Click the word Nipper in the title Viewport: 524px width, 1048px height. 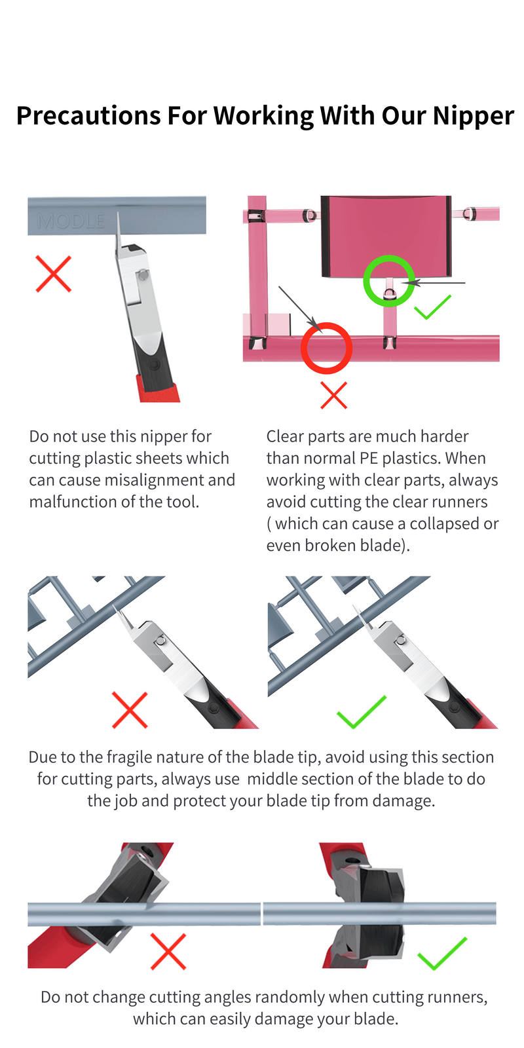pos(473,116)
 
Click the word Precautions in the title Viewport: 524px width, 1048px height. pos(88,116)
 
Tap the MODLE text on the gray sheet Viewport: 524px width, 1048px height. pos(71,221)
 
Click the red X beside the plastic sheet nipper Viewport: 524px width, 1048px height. pos(53,274)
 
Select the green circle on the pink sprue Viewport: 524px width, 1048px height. pos(389,280)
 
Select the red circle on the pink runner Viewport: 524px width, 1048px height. pos(326,348)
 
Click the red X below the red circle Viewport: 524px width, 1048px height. pos(333,396)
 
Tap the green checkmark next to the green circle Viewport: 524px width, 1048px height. pos(432,307)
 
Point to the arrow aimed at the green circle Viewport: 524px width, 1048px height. pos(436,283)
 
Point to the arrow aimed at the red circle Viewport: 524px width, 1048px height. pos(299,307)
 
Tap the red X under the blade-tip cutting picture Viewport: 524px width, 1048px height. pos(130,709)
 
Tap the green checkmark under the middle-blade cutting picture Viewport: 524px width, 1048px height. pos(361,713)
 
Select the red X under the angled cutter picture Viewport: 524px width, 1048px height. pos(168,951)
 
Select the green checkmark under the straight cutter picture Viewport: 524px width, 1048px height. pos(442,954)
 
